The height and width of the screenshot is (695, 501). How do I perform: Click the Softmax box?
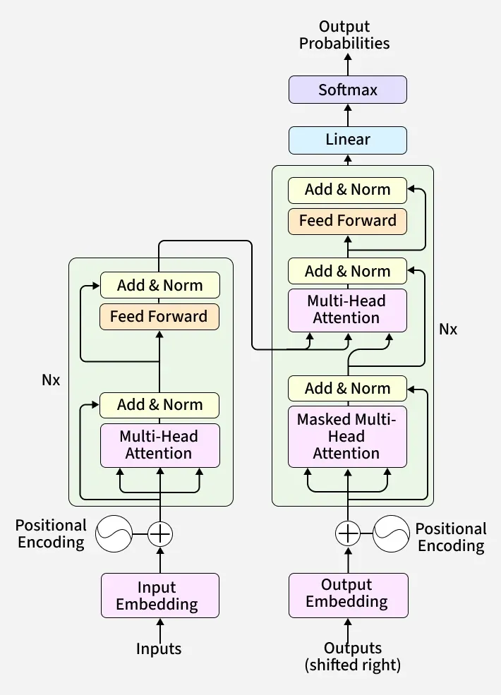pyautogui.click(x=347, y=90)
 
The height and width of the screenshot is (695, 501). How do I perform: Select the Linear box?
pyautogui.click(x=347, y=140)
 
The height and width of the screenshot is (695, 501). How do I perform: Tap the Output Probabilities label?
pyautogui.click(x=344, y=35)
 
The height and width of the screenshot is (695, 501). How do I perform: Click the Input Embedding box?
pyautogui.click(x=159, y=596)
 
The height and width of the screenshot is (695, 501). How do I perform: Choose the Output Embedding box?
pyautogui.click(x=347, y=593)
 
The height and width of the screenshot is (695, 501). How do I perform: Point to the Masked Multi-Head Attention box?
pyautogui.click(x=347, y=436)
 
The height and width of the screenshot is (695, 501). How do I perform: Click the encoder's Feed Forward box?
pyautogui.click(x=159, y=317)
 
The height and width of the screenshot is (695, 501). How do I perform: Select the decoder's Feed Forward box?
pyautogui.click(x=347, y=221)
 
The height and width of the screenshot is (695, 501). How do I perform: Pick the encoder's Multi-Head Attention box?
pyautogui.click(x=159, y=445)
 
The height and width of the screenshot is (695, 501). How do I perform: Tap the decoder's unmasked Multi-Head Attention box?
pyautogui.click(x=347, y=310)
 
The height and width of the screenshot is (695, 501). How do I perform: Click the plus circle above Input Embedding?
pyautogui.click(x=160, y=533)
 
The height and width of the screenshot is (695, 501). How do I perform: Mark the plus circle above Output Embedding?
pyautogui.click(x=347, y=533)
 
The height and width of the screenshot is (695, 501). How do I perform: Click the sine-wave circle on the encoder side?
pyautogui.click(x=114, y=533)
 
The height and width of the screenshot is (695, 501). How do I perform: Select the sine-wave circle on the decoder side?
pyautogui.click(x=391, y=533)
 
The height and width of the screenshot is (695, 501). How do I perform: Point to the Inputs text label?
pyautogui.click(x=159, y=649)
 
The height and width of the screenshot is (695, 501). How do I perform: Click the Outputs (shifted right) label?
pyautogui.click(x=352, y=656)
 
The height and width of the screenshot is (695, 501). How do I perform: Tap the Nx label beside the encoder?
pyautogui.click(x=51, y=380)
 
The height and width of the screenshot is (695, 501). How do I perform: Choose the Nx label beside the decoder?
pyautogui.click(x=448, y=330)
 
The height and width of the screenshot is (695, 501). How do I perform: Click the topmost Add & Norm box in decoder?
pyautogui.click(x=347, y=190)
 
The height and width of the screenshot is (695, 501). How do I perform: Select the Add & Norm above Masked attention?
pyautogui.click(x=347, y=389)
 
